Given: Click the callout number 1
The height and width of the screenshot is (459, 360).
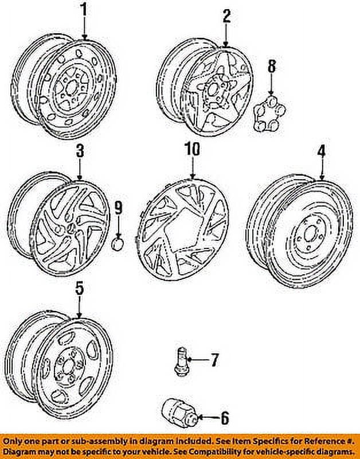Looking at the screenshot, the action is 84,10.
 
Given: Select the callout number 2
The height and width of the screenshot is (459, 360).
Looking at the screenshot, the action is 226,17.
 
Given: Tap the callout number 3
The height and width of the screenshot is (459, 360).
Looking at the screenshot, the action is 80,151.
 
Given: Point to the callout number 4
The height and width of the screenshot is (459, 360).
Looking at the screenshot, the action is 322,151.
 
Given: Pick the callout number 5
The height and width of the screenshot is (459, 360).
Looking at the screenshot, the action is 80,289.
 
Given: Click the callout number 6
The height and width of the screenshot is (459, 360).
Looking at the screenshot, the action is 225,418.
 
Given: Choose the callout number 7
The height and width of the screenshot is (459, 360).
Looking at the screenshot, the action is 214,360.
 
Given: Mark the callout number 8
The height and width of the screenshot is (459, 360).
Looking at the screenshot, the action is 272,67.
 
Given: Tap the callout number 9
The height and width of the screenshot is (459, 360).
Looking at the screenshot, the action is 118,210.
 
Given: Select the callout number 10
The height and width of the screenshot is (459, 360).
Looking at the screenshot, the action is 192,149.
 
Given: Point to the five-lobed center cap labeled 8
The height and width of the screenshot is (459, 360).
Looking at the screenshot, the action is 269,114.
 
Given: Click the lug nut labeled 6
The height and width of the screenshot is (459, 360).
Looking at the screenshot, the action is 179,413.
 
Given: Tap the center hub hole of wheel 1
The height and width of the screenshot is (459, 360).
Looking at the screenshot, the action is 71,88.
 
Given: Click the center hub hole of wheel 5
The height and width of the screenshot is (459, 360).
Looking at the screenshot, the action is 68,366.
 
